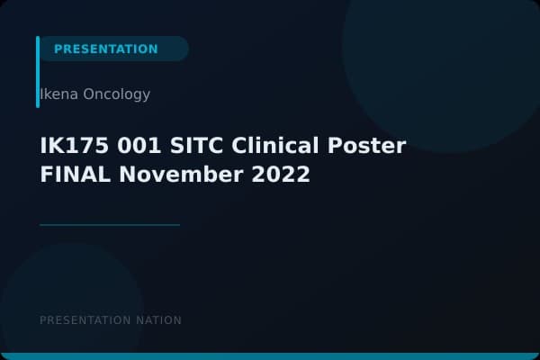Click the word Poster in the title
pos(371,146)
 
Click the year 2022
pos(279,175)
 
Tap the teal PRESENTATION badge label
pos(105,49)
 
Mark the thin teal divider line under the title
pos(110,225)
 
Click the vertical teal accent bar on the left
pos(38,72)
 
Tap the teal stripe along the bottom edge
pos(270,356)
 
